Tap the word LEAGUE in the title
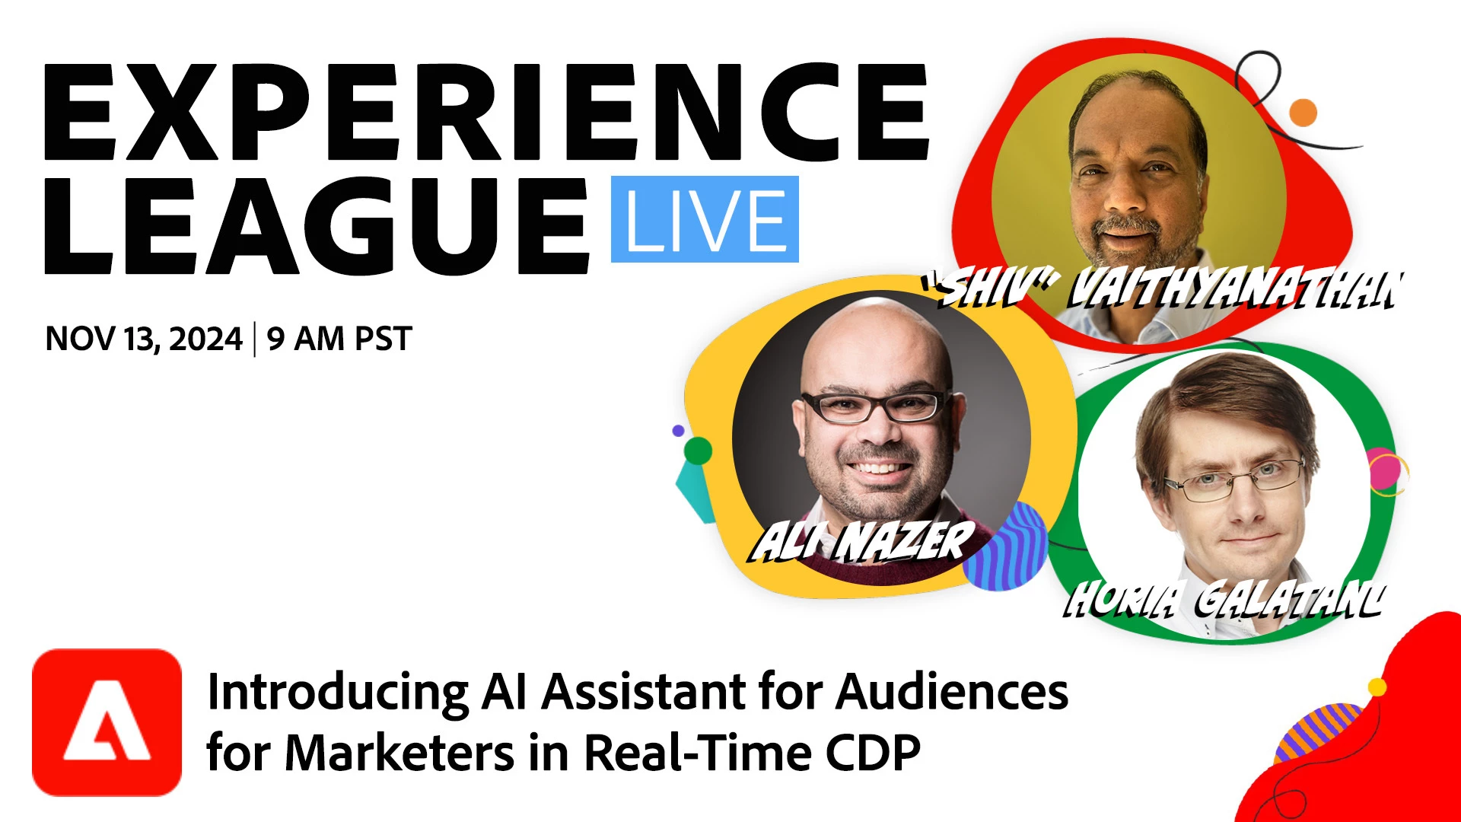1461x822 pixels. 317,225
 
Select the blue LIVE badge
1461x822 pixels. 705,219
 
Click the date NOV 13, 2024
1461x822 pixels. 144,339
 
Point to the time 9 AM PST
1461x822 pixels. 339,339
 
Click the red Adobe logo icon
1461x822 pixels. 107,722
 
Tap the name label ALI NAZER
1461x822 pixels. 863,541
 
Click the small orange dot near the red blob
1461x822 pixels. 1303,113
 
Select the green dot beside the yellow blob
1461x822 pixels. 698,451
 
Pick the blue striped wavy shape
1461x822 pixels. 1006,546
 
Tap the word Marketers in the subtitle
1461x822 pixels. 400,753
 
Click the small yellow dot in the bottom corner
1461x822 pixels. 1377,687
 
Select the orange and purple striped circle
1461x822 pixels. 1316,734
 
